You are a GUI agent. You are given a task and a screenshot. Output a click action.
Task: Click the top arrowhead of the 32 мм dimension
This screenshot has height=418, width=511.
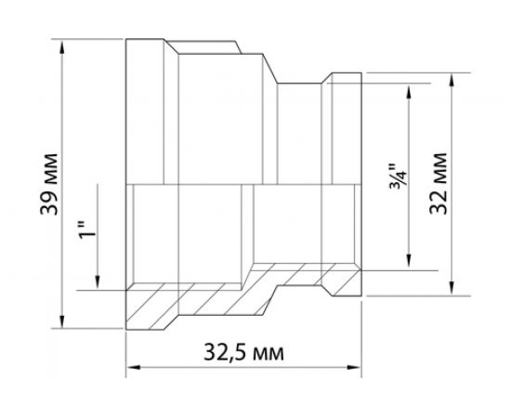(452, 79)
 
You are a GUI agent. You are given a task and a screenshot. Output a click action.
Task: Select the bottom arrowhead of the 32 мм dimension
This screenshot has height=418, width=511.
(452, 288)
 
